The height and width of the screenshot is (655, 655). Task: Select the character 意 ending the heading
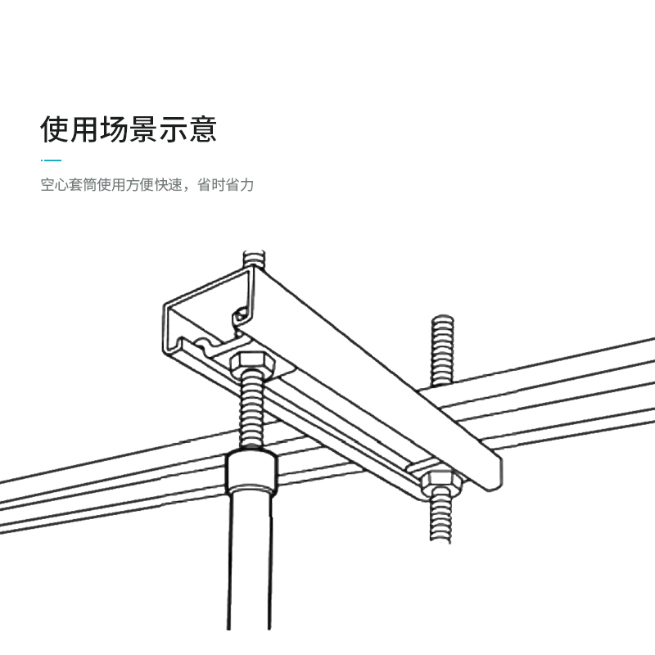point(203,129)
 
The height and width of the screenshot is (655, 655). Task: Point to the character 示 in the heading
point(174,129)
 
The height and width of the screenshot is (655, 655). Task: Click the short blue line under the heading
point(51,160)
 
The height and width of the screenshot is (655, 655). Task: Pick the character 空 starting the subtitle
point(47,185)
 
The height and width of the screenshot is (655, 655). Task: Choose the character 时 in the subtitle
point(219,185)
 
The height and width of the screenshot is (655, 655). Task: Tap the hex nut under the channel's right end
point(443,481)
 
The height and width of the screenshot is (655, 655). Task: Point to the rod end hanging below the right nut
point(442,520)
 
